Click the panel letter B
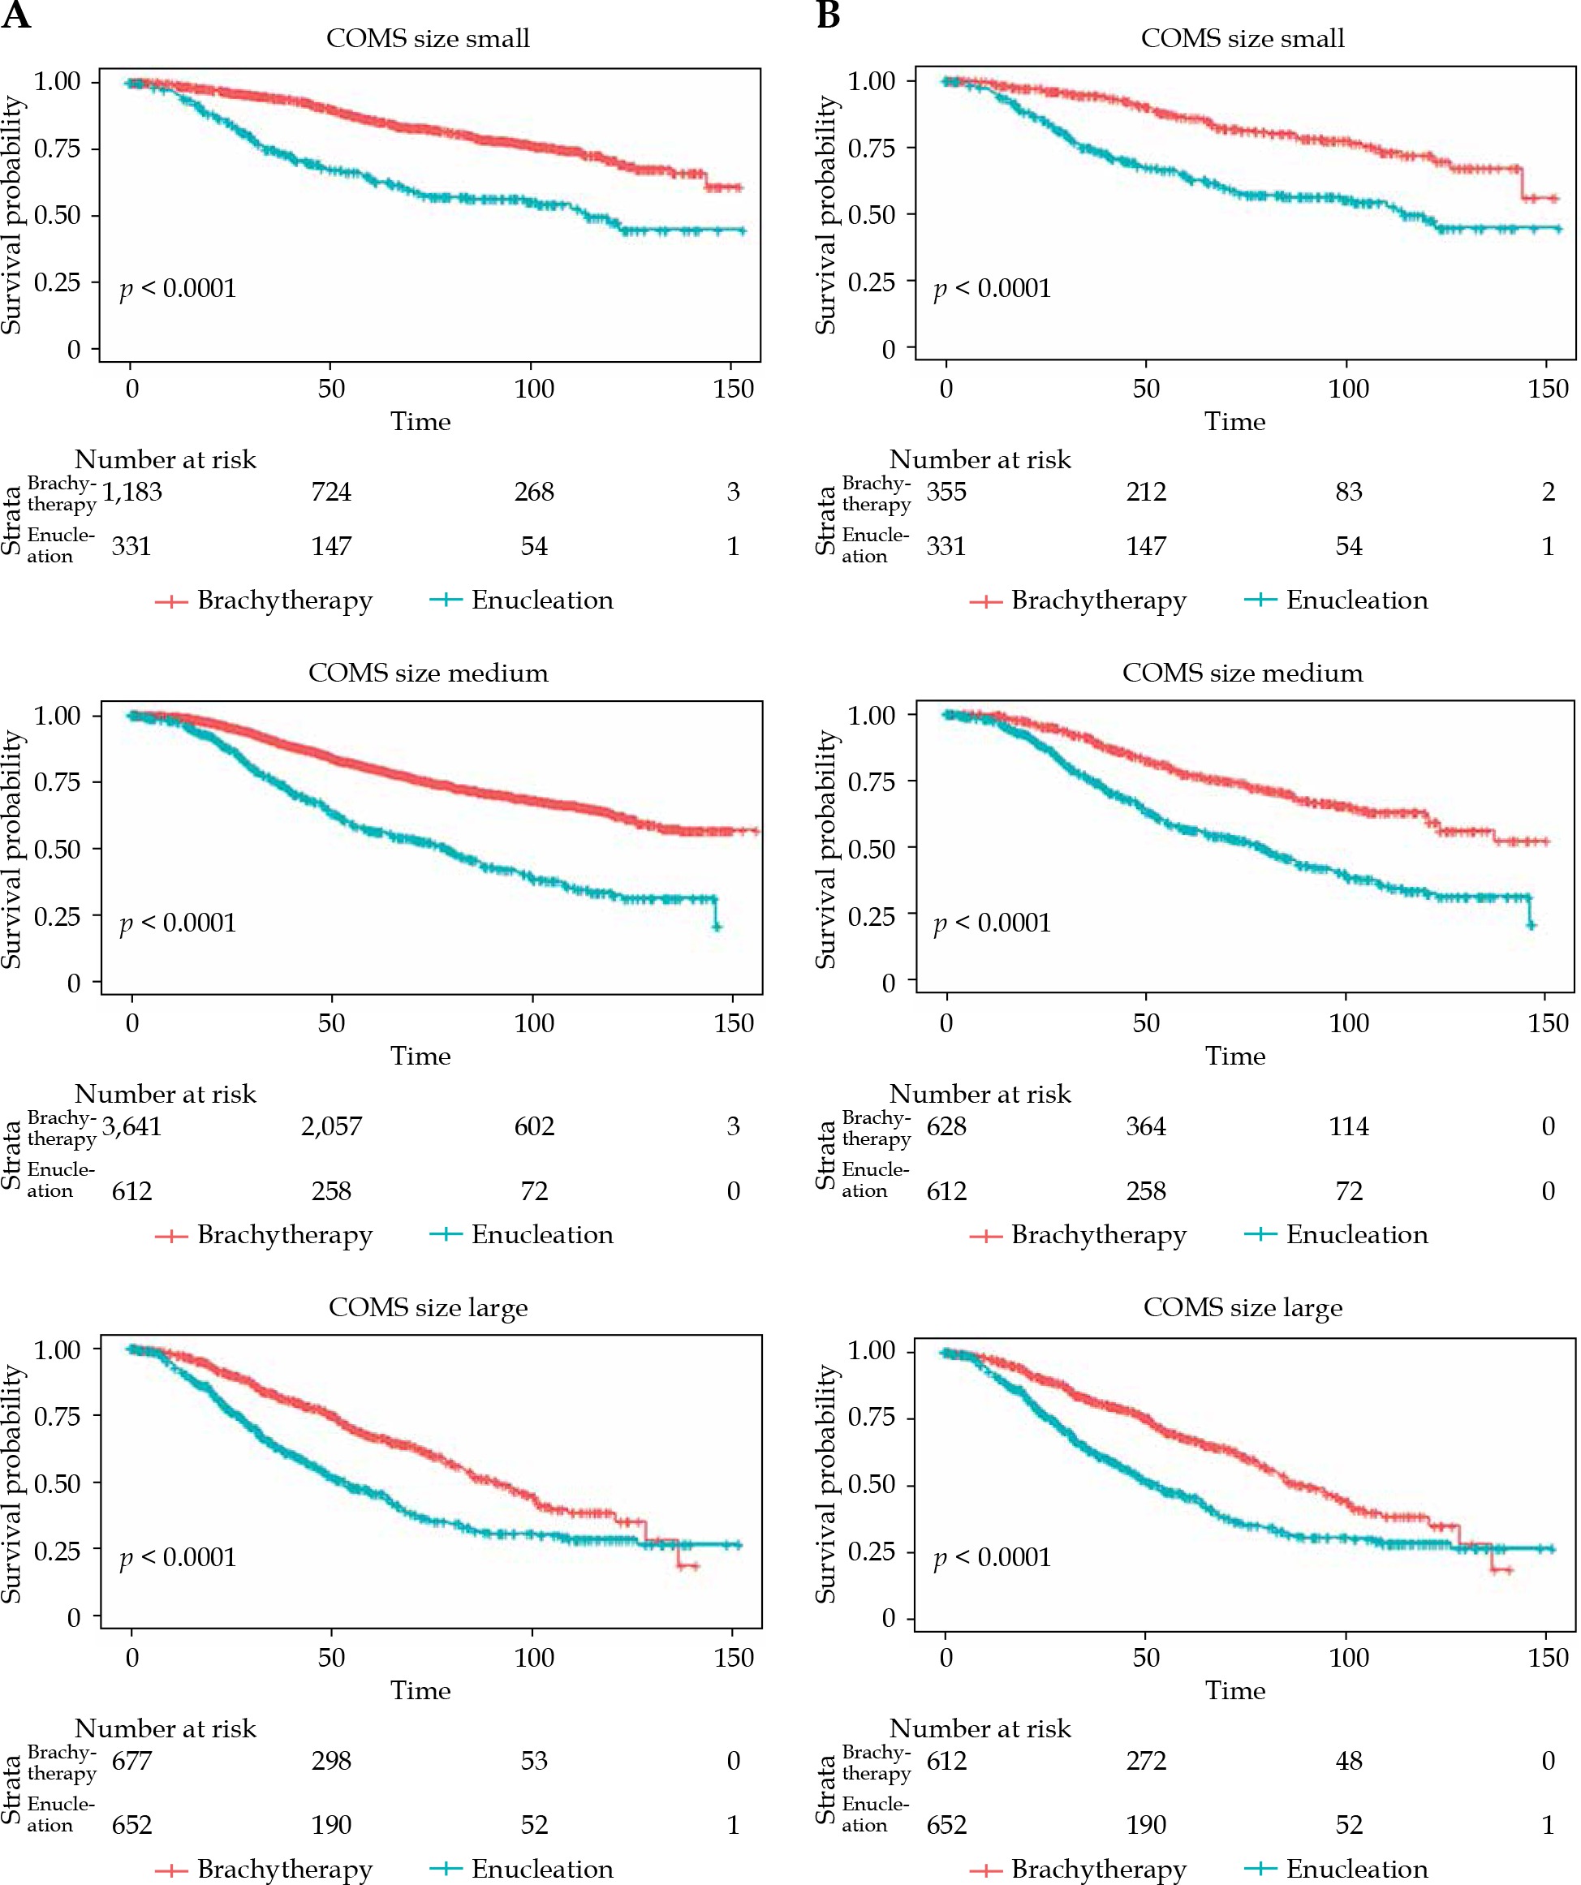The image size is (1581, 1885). coord(828,15)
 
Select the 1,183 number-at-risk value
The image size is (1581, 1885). coord(132,492)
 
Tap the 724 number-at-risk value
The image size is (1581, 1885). coord(331,492)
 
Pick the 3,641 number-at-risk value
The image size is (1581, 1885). coord(132,1126)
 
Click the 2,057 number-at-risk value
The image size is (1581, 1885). coord(331,1126)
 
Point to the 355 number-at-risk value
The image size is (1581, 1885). coord(946,492)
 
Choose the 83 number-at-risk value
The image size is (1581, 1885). coord(1348,492)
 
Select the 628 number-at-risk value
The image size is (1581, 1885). coord(946,1126)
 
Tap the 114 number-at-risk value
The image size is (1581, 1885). coord(1348,1126)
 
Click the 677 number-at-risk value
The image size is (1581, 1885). coord(132,1761)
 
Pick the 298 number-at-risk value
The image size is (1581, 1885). coord(331,1761)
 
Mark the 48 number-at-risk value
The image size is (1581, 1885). coord(1348,1761)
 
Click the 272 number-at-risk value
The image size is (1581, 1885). coord(1147,1761)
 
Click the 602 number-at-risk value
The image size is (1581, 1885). coord(534,1126)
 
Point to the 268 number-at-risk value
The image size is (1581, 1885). coord(534,492)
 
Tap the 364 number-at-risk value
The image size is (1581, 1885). coord(1147,1126)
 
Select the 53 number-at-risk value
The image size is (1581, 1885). coord(534,1761)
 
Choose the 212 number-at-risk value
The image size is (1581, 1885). coord(1147,492)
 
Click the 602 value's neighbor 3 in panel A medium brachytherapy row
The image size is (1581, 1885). coord(734,1126)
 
